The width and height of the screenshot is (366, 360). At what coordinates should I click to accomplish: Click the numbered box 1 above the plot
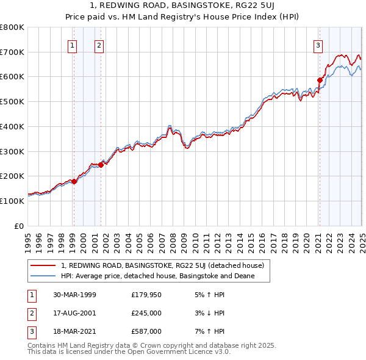73,45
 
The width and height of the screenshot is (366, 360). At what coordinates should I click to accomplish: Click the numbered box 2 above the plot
99,45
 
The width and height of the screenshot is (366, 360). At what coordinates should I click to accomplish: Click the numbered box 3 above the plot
318,45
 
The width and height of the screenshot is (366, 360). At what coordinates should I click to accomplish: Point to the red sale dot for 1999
74,181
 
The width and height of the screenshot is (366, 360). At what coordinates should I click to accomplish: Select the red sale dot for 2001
101,165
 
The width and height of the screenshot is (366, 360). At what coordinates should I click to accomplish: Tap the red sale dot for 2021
319,80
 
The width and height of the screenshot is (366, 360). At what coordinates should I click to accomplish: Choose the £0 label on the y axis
20,226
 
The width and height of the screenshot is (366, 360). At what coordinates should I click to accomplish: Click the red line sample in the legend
43,266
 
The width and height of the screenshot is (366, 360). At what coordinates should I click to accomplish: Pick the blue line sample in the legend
43,276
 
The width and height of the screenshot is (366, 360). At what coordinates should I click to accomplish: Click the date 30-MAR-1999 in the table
74,295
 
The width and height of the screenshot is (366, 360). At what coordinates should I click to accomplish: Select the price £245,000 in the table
146,314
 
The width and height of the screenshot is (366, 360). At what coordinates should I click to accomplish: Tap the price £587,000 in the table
146,333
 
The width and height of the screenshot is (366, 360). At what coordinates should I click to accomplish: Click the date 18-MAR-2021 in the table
74,333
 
